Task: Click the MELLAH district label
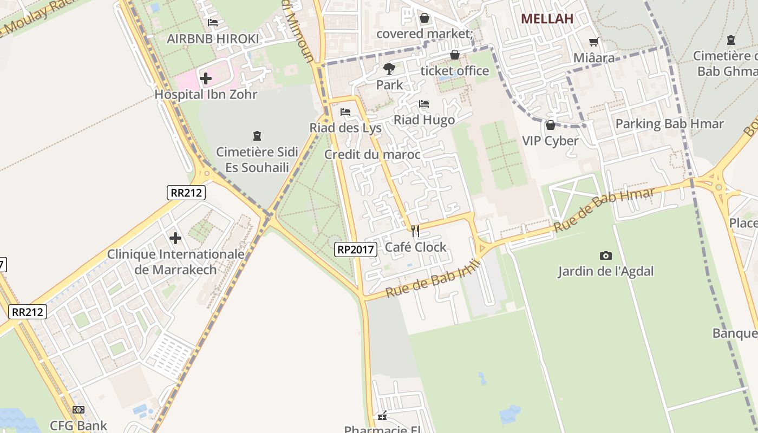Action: (x=547, y=19)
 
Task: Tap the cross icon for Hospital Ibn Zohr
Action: (x=205, y=78)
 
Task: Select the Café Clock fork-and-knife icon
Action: (x=415, y=231)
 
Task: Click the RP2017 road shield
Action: (x=355, y=249)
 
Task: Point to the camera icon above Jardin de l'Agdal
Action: (x=606, y=255)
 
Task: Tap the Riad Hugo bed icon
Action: (x=424, y=104)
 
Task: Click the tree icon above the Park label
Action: (x=389, y=69)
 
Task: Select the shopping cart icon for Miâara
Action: (x=594, y=42)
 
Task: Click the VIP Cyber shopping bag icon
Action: (x=551, y=125)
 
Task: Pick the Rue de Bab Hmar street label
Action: (x=604, y=210)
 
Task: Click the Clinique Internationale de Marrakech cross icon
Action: (x=175, y=238)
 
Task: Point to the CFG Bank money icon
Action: (x=79, y=410)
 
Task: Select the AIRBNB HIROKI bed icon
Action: (x=213, y=23)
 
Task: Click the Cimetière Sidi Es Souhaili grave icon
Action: (x=257, y=136)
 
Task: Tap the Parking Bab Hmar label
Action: (x=669, y=124)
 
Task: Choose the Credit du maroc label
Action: (x=373, y=155)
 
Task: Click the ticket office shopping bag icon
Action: (x=455, y=55)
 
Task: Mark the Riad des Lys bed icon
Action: (x=345, y=112)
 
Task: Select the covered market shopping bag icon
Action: (x=424, y=18)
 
